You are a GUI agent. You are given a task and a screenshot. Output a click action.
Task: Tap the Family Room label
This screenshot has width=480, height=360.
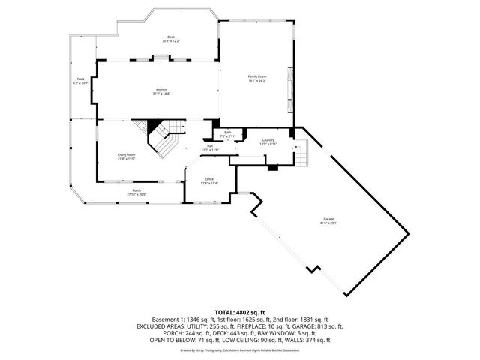257,78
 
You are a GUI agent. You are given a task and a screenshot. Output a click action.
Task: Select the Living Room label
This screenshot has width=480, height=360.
125,157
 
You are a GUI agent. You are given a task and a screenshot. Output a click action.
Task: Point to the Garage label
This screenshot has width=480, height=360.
329,221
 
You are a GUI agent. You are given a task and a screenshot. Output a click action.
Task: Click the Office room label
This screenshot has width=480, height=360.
210,181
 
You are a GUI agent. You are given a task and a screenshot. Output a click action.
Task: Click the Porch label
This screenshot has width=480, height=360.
136,192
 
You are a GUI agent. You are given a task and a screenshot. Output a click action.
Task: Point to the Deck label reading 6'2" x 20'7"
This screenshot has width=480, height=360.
80,81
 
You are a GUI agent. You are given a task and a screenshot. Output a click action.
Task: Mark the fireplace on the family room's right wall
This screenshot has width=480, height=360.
290,92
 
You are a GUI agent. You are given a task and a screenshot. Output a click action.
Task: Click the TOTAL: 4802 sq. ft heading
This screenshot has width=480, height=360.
239,311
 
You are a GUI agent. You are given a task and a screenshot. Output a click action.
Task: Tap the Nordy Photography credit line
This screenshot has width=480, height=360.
239,349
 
